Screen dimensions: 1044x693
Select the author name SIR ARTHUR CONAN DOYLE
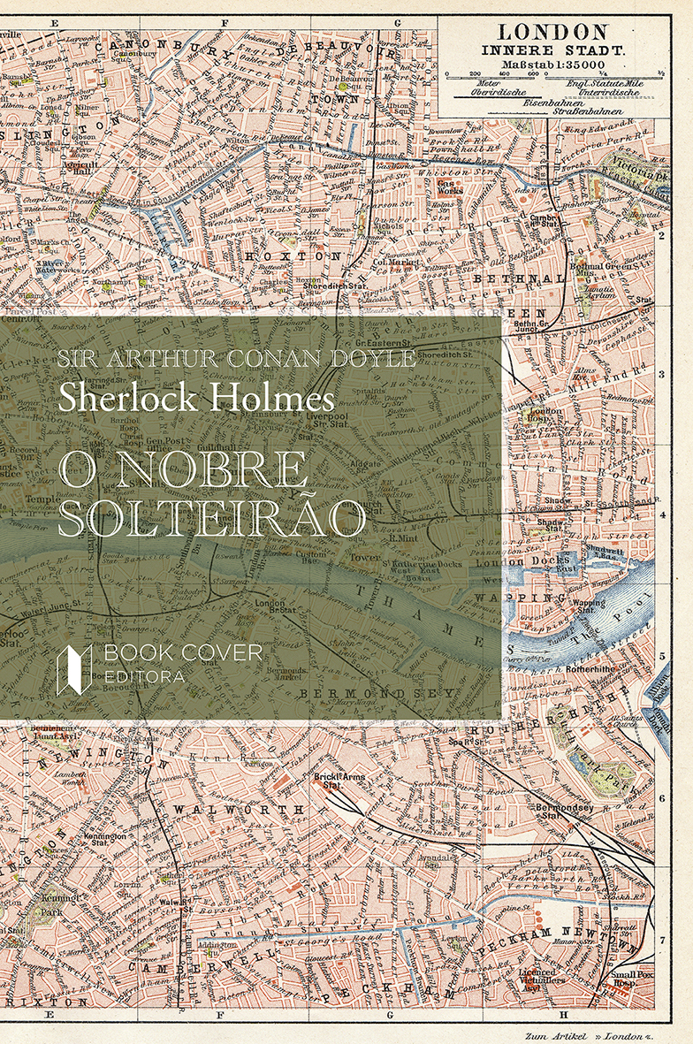point(236,359)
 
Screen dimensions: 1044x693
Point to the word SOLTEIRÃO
point(212,519)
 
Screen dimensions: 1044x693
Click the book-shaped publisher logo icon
point(74,668)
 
